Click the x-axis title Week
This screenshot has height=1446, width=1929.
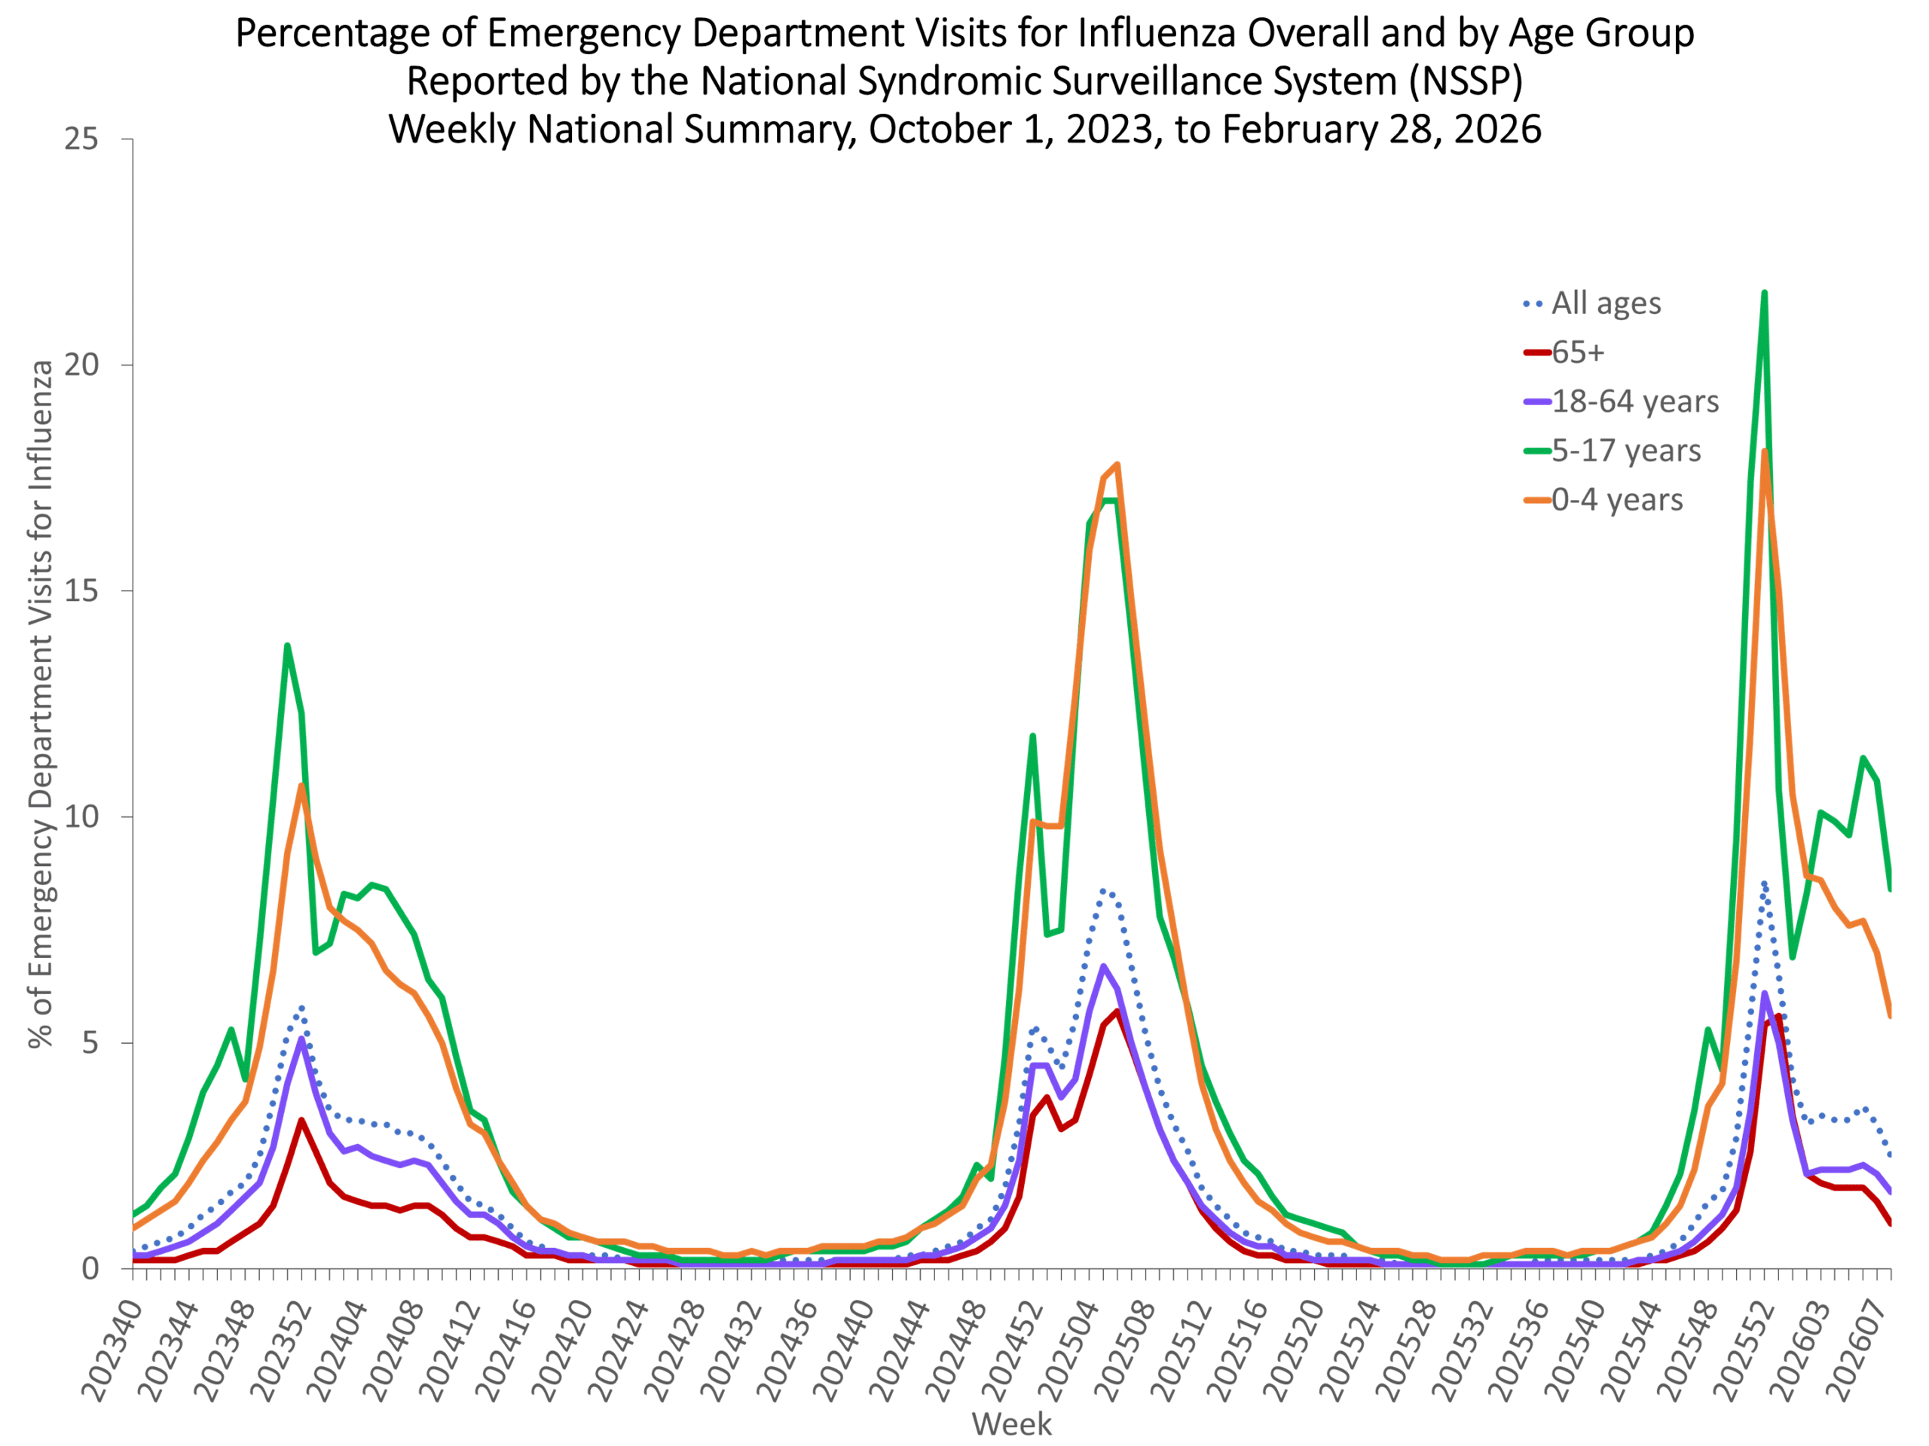click(1011, 1424)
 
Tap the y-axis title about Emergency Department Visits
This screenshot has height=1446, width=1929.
click(41, 704)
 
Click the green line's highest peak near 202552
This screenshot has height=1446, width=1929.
click(1764, 293)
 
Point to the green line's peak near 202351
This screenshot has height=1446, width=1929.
click(287, 646)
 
